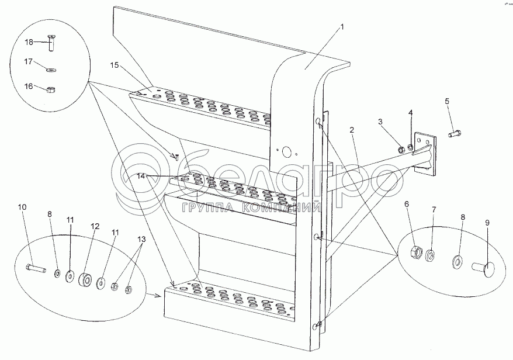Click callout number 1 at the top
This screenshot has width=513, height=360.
[342, 27]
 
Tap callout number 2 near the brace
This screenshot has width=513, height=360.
[352, 130]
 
